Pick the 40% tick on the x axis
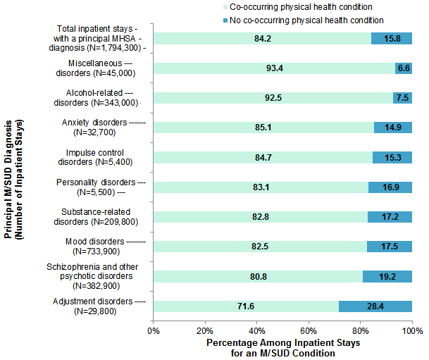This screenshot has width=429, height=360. [257, 329]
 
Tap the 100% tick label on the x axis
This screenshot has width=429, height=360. [412, 329]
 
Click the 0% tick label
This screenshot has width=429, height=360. [154, 329]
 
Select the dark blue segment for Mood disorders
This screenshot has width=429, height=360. [390, 247]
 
